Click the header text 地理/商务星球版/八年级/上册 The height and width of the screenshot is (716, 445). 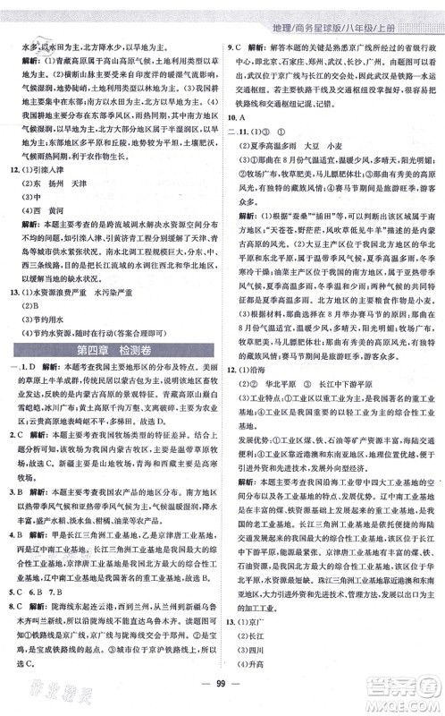[366, 13]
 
